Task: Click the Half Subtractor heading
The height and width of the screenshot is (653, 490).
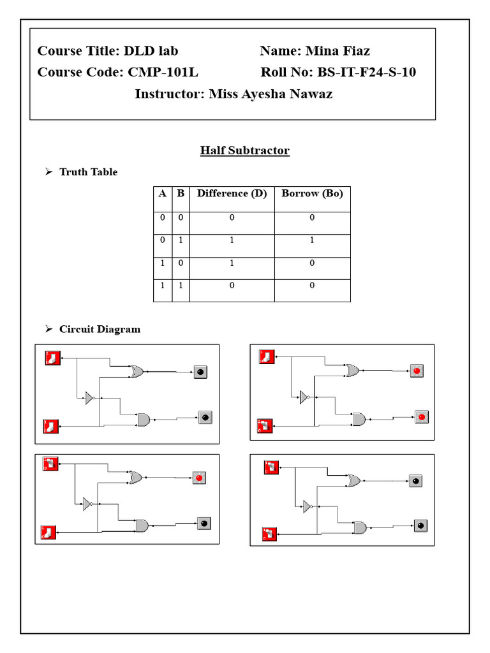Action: pyautogui.click(x=244, y=150)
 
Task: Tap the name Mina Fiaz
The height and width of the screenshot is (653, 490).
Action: pyautogui.click(x=338, y=51)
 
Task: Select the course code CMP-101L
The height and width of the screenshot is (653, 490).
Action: pyautogui.click(x=163, y=72)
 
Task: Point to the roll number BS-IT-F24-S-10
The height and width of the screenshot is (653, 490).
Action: pyautogui.click(x=366, y=72)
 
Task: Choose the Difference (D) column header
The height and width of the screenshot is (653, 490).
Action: pyautogui.click(x=232, y=193)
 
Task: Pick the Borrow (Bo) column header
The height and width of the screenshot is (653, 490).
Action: pyautogui.click(x=312, y=193)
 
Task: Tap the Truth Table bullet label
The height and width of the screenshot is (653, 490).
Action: pyautogui.click(x=88, y=172)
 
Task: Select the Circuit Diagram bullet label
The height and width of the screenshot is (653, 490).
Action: pyautogui.click(x=100, y=329)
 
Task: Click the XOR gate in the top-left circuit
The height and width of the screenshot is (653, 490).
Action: pyautogui.click(x=136, y=372)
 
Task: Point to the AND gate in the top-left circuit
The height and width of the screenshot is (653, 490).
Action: pyautogui.click(x=143, y=420)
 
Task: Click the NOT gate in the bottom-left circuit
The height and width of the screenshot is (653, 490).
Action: pyautogui.click(x=88, y=504)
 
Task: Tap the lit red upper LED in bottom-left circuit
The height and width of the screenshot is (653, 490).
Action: pyautogui.click(x=199, y=478)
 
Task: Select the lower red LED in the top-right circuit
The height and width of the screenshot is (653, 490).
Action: pyautogui.click(x=421, y=417)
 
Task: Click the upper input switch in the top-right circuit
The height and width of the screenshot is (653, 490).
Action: pyautogui.click(x=266, y=356)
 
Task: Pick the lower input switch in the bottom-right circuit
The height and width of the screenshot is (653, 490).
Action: pyautogui.click(x=269, y=533)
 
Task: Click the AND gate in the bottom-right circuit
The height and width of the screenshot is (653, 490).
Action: pyautogui.click(x=360, y=528)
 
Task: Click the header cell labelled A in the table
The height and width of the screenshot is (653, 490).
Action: pyautogui.click(x=162, y=193)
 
